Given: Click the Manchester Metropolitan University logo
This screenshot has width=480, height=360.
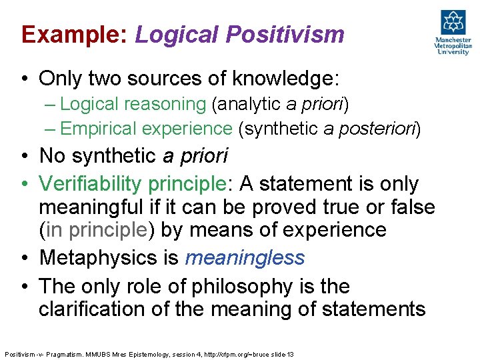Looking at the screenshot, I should click(x=453, y=32).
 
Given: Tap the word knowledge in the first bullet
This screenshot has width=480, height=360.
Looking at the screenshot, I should click(x=284, y=79).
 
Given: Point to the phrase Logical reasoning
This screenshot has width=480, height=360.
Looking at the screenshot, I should click(x=134, y=104).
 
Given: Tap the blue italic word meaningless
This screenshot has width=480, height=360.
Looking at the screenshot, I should click(x=245, y=257).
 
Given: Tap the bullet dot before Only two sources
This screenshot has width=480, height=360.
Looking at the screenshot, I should click(x=24, y=79).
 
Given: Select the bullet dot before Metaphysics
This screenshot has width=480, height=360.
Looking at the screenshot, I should click(x=24, y=257).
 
